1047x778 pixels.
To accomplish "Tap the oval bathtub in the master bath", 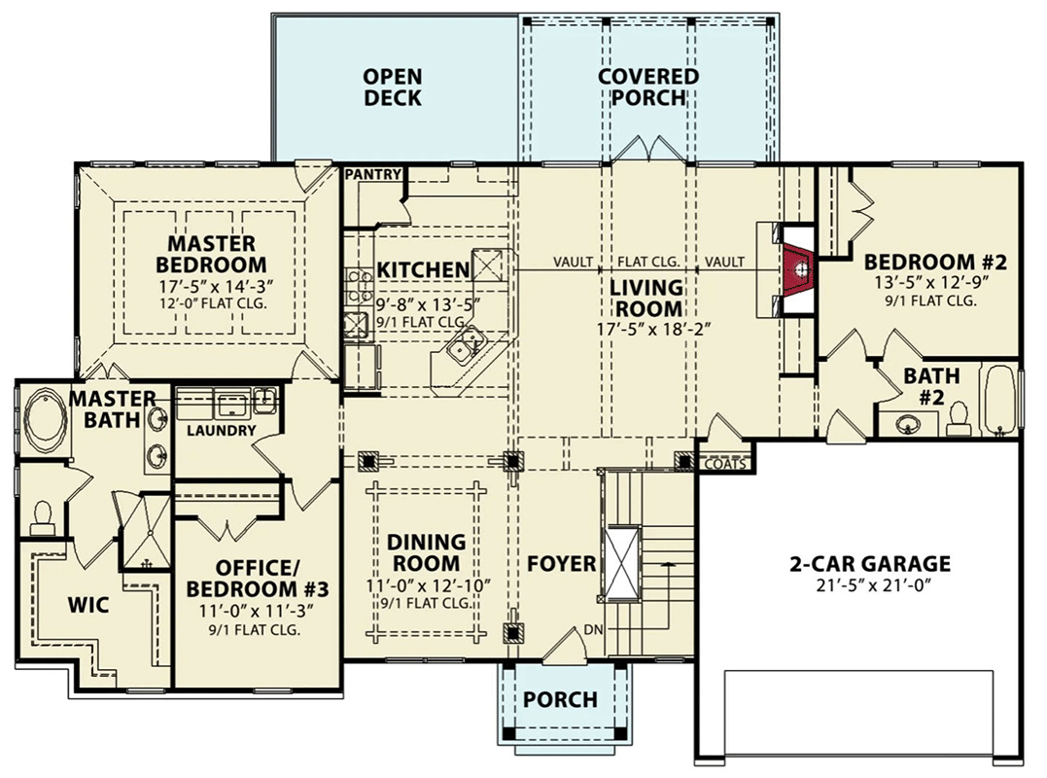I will (44, 420).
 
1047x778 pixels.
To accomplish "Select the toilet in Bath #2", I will (958, 416).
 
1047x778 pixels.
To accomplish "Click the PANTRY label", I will (373, 175).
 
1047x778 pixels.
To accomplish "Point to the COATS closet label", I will (725, 464).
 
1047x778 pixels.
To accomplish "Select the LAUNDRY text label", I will (221, 430).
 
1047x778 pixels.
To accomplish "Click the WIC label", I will (88, 605).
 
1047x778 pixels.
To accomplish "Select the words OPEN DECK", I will (393, 88).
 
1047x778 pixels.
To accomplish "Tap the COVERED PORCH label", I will (647, 88).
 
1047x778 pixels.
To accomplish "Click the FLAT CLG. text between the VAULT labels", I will (648, 262).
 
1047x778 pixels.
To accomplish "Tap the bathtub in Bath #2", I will (999, 401).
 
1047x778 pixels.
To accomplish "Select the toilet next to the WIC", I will (42, 518).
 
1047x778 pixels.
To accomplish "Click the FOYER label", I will (561, 563).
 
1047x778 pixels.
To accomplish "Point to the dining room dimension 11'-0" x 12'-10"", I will (427, 585).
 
